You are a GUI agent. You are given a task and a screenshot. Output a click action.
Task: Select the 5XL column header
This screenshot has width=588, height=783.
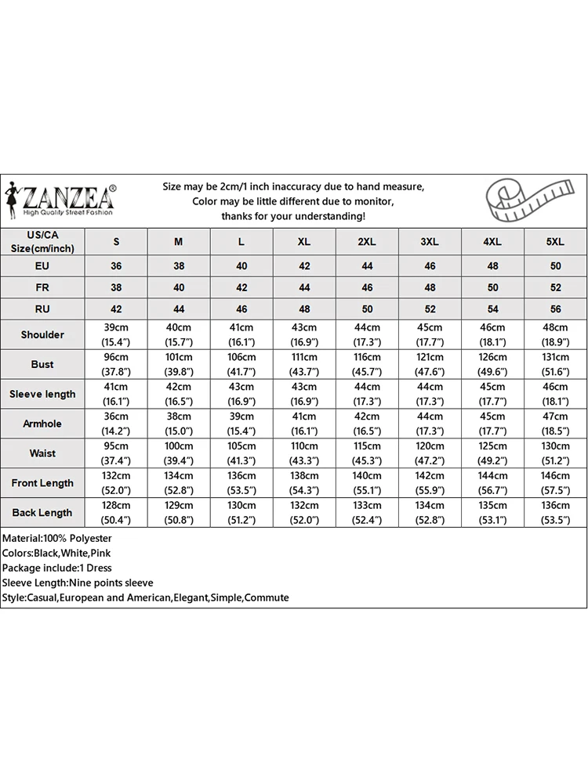click(555, 242)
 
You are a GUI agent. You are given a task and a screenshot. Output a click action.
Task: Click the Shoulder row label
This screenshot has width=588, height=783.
click(42, 334)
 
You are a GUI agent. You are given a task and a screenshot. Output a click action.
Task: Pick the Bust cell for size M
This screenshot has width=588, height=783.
click(179, 364)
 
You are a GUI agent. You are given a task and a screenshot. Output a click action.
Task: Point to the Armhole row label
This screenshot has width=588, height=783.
click(42, 424)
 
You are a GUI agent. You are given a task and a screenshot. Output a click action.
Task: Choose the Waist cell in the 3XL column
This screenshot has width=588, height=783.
click(430, 453)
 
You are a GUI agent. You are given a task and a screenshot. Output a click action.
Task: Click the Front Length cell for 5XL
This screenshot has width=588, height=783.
click(555, 483)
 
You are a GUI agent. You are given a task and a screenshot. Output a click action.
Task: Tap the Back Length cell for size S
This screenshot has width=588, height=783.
click(116, 513)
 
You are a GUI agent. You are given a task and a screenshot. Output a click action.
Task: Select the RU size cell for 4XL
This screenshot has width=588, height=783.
click(492, 309)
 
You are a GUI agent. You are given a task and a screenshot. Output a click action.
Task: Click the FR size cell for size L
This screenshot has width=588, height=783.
click(241, 287)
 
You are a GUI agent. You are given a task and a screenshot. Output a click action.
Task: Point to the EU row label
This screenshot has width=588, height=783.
click(42, 265)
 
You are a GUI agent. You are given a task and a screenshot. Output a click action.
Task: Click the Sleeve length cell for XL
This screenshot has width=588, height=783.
click(304, 394)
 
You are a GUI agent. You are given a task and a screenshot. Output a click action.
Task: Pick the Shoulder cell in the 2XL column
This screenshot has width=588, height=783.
click(367, 334)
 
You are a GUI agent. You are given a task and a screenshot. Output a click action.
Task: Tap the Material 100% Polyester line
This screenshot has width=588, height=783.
click(57, 539)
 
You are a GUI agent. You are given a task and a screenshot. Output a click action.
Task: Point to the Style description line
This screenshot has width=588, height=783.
click(145, 598)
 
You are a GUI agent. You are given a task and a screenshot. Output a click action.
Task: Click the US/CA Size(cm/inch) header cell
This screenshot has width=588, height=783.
click(42, 242)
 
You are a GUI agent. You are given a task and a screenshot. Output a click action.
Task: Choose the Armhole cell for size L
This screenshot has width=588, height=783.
click(241, 424)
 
